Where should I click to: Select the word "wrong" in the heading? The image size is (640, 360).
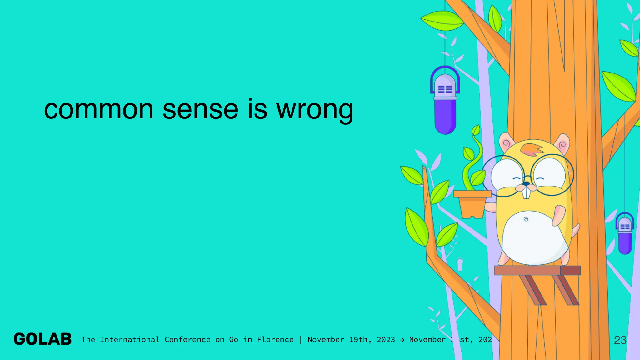(x=315, y=110)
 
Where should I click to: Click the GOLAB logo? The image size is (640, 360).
(x=43, y=339)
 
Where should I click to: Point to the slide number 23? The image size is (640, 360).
(x=620, y=340)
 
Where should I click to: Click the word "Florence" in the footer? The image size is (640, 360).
(x=275, y=340)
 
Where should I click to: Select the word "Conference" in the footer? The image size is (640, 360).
(x=187, y=340)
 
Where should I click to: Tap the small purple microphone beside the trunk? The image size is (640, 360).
(x=625, y=234)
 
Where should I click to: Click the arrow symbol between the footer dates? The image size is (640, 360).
(x=402, y=340)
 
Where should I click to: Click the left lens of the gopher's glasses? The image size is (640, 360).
(x=506, y=176)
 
